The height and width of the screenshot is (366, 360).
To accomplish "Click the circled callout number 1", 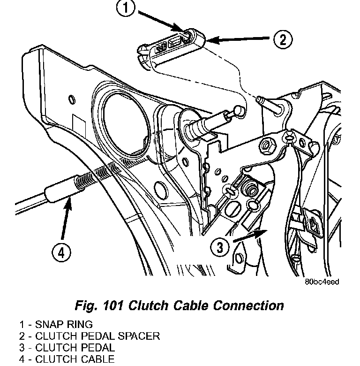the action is [x=126, y=8].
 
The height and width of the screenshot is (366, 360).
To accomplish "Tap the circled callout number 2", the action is [x=283, y=39].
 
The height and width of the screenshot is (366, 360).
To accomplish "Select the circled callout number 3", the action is [x=220, y=247].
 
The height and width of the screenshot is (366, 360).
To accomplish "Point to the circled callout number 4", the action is [x=61, y=252].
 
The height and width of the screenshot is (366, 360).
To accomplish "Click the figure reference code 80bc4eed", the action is [x=322, y=282].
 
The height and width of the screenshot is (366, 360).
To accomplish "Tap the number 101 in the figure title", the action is [x=113, y=305].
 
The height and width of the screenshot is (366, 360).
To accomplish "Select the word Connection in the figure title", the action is [x=248, y=305].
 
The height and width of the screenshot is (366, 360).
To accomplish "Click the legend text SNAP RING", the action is [x=64, y=324].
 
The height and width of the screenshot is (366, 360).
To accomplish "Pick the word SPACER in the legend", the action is [x=139, y=336].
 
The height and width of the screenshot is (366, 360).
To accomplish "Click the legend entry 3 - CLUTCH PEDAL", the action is [x=67, y=348].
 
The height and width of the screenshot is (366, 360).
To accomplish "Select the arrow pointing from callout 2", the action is [x=238, y=39].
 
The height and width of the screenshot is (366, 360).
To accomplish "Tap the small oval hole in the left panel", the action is [x=72, y=99].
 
